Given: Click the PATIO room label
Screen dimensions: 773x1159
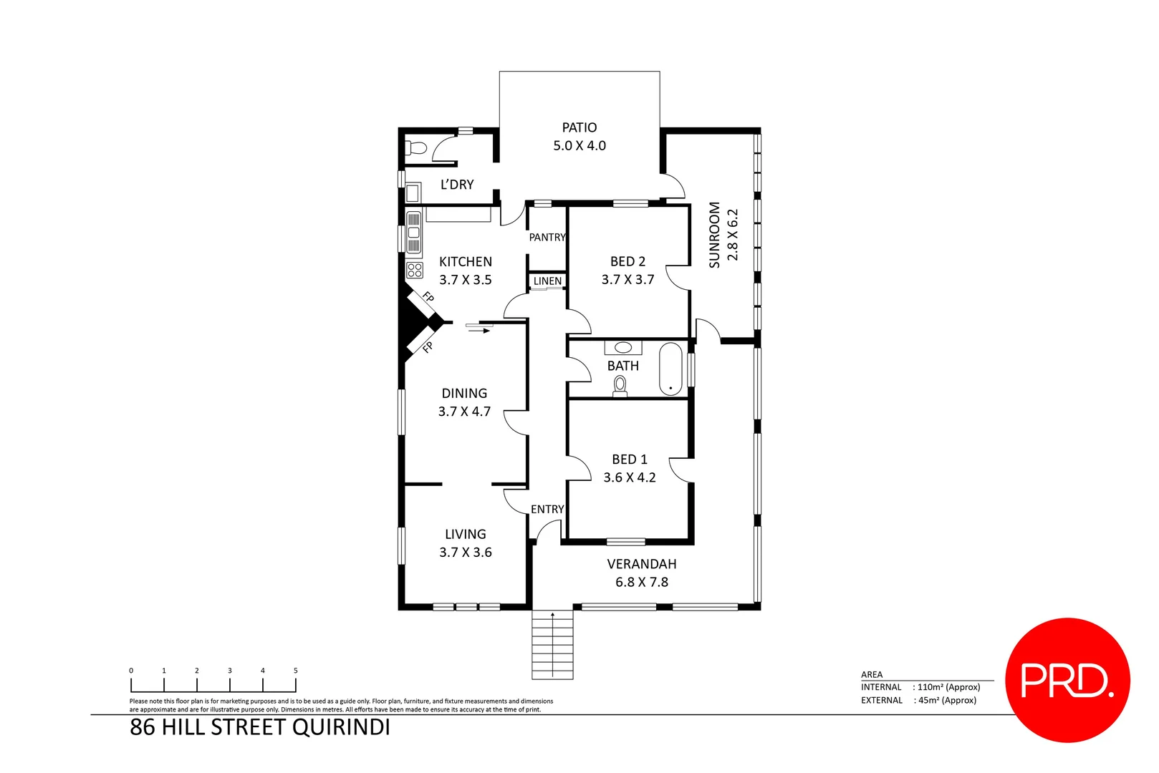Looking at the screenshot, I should (x=579, y=127).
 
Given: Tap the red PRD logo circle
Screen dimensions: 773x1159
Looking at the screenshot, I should (x=1067, y=680).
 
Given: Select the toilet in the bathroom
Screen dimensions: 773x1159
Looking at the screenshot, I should (x=620, y=386).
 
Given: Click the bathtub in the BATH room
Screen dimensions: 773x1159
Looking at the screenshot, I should (x=670, y=369).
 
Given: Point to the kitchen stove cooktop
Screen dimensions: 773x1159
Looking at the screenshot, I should (x=415, y=270).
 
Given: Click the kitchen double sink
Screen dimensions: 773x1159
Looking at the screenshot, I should (x=414, y=233).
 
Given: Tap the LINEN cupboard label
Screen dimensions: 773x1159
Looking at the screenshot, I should (x=547, y=281).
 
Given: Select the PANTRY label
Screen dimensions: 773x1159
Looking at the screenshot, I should (x=547, y=237).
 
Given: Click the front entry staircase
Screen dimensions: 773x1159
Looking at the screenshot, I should (x=552, y=645).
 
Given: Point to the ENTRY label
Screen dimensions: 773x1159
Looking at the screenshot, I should (x=547, y=509).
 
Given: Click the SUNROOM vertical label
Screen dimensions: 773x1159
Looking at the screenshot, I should (x=714, y=235).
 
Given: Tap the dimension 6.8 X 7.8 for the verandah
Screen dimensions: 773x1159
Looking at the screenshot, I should (x=641, y=582).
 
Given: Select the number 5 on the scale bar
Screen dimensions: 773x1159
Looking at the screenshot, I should (x=295, y=671).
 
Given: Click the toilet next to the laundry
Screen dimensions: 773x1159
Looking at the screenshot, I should (x=415, y=148).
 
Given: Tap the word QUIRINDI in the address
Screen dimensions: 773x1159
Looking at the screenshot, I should (x=341, y=727).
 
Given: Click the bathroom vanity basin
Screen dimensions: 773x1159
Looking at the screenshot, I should (x=623, y=348).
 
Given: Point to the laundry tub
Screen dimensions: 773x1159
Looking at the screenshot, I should (x=413, y=193).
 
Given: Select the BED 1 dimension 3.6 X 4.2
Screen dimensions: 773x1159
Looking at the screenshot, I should (x=629, y=477).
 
